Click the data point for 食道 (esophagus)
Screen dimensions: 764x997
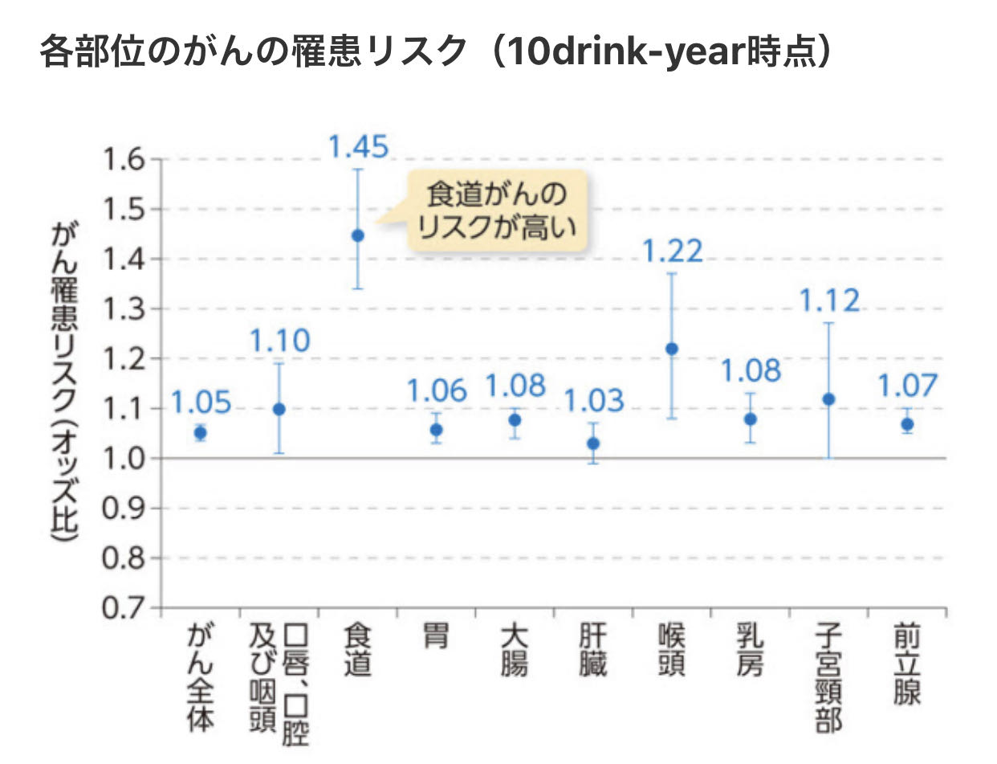[358, 235]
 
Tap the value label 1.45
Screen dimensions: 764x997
[358, 146]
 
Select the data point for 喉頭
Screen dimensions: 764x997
[672, 349]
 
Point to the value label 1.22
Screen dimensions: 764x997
[673, 251]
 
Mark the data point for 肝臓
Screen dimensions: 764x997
[594, 443]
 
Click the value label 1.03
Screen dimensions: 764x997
[595, 399]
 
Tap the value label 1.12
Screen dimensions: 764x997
[829, 300]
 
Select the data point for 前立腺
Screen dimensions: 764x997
[907, 424]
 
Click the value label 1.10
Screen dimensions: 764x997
[279, 341]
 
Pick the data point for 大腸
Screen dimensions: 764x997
[515, 419]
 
